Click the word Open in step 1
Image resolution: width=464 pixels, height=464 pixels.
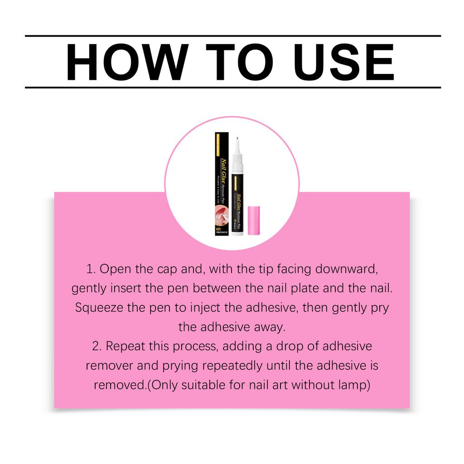[116, 269]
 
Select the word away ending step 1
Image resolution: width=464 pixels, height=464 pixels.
[271, 327]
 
